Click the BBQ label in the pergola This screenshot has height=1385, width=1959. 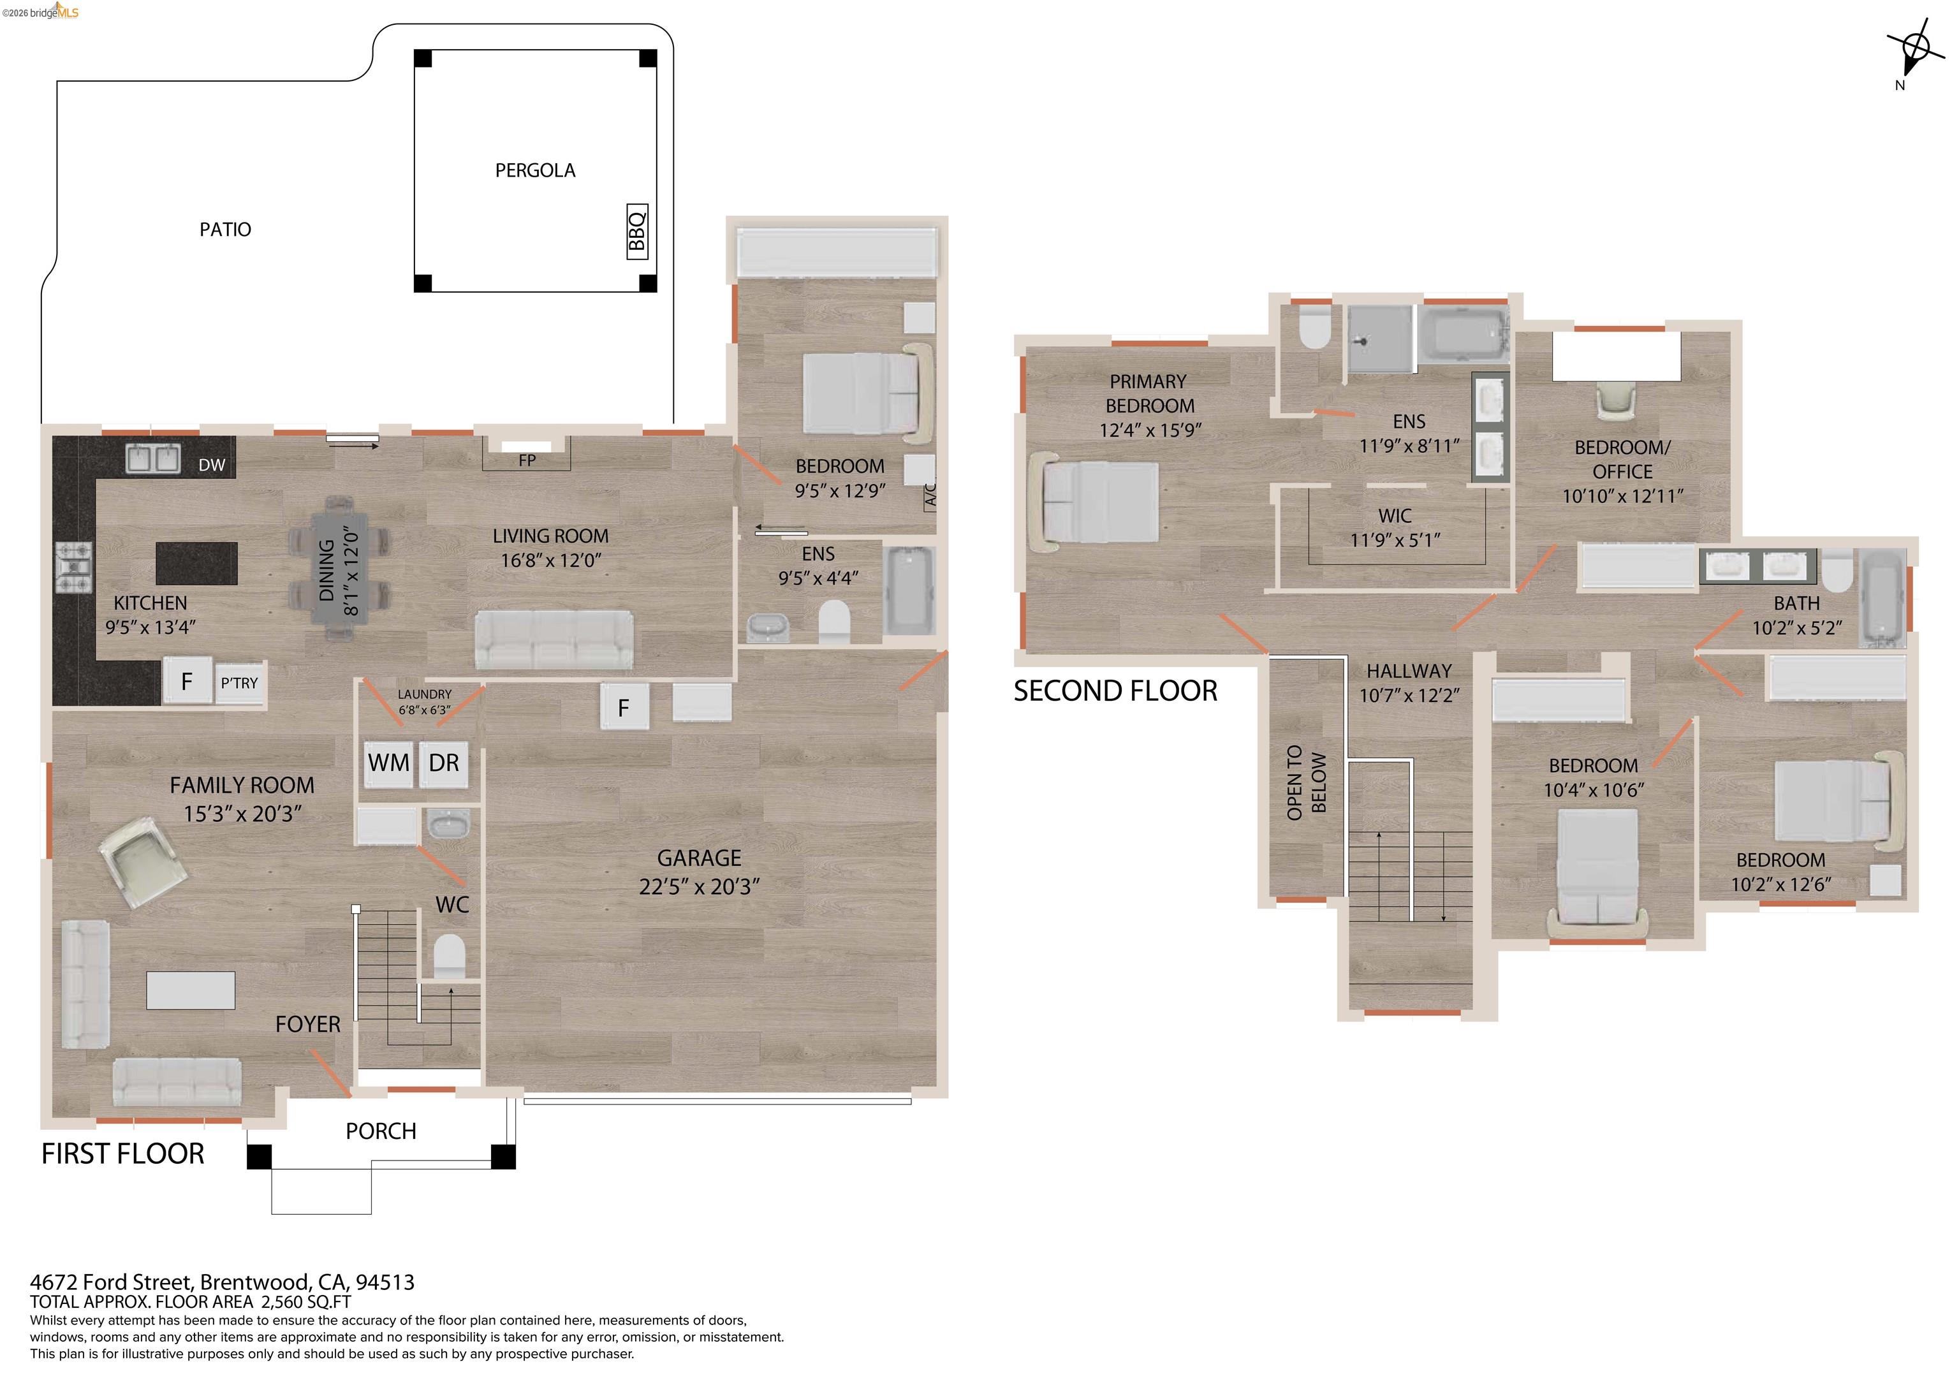point(637,231)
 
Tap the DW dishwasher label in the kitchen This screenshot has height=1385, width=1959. point(212,465)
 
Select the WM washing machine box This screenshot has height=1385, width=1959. point(388,762)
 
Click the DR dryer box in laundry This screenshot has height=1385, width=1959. point(444,762)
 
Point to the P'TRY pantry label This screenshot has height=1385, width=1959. point(239,683)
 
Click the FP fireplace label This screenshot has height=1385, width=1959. point(527,460)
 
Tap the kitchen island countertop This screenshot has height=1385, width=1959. point(197,563)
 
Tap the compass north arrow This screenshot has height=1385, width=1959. point(1913,51)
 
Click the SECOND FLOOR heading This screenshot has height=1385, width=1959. point(1115,691)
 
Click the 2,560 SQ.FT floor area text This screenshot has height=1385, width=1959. point(305,1301)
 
